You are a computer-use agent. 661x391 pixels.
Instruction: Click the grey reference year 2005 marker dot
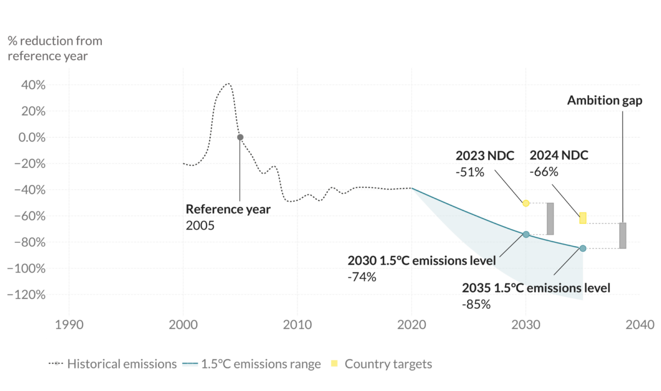click(x=240, y=137)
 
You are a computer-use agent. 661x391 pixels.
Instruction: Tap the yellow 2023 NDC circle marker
click(x=525, y=203)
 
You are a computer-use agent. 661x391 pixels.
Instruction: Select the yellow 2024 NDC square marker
click(x=583, y=218)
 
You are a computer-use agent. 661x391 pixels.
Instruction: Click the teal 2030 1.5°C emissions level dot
click(x=525, y=235)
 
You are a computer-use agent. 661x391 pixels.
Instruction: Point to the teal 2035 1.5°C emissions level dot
click(x=583, y=248)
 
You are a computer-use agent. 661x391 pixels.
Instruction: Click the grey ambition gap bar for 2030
click(x=550, y=219)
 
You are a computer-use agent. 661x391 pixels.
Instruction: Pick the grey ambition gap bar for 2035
click(x=622, y=236)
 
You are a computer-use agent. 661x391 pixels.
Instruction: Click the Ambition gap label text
click(x=605, y=101)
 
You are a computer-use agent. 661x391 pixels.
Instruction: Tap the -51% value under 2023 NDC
click(x=470, y=172)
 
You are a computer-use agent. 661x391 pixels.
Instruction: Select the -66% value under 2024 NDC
click(x=544, y=172)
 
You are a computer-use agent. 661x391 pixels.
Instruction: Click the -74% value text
click(x=362, y=277)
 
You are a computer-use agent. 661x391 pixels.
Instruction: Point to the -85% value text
click(x=476, y=303)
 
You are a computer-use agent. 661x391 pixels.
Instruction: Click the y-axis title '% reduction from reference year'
click(x=55, y=48)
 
